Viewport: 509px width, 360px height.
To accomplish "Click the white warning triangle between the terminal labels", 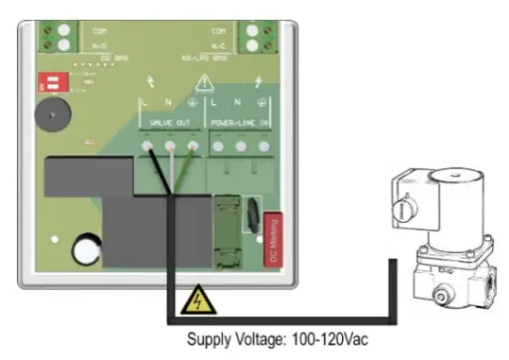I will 205,83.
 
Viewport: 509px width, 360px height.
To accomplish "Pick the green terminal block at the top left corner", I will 62,36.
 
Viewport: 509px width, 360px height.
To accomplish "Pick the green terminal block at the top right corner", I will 256,36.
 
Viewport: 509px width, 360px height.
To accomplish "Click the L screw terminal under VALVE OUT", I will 149,146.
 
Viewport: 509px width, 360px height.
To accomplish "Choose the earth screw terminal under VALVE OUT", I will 193,146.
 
